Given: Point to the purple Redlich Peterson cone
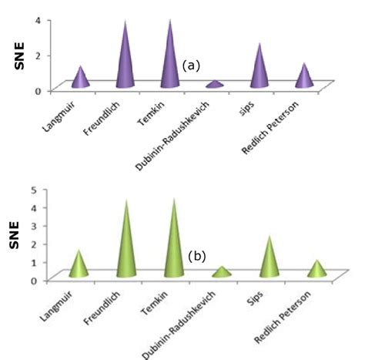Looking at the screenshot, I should tap(305, 77).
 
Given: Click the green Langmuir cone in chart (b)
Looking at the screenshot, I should tap(79, 266).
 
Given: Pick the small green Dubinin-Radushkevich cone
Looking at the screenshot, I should tap(222, 273).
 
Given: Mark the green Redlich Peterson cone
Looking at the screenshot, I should tap(316, 270).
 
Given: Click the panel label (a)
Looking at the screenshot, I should tap(191, 66).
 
